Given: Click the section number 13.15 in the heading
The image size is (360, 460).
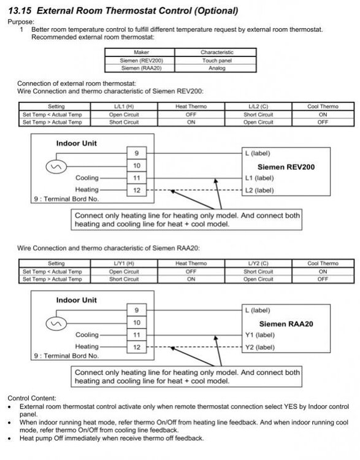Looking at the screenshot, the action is point(20,10).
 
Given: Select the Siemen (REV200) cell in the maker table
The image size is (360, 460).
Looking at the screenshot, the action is point(142,61).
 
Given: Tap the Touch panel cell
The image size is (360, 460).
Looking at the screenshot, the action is point(217,61).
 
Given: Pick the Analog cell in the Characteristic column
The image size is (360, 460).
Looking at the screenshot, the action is point(217,68).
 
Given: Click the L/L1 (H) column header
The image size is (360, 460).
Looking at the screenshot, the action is point(124,107).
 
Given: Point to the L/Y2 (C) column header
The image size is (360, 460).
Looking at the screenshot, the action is point(258,264).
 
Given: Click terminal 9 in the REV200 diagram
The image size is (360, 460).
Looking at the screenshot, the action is point(137,153).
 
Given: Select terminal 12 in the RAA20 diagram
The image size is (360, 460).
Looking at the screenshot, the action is point(137,347).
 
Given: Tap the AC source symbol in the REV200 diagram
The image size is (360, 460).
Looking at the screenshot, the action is point(56,167).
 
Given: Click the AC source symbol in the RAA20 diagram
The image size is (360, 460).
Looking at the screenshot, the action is point(56,324).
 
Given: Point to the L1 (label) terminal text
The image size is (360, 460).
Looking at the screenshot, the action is point(259,178).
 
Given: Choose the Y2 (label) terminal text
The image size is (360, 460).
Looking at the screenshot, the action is point(260,347).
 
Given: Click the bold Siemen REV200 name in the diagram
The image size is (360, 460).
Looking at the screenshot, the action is point(286,167).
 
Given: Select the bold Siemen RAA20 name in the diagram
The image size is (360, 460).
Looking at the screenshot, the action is point(286,324).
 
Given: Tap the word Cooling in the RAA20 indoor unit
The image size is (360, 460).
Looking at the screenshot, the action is point(87,335).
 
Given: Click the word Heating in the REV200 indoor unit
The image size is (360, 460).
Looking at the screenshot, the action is point(87,190).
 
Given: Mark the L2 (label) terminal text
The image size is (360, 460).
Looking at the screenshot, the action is point(259,190).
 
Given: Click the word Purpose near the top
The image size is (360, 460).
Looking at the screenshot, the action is point(21,22).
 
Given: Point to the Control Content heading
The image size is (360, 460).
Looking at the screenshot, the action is point(32,399).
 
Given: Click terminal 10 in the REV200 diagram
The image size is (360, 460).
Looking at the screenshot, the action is point(137,166).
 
